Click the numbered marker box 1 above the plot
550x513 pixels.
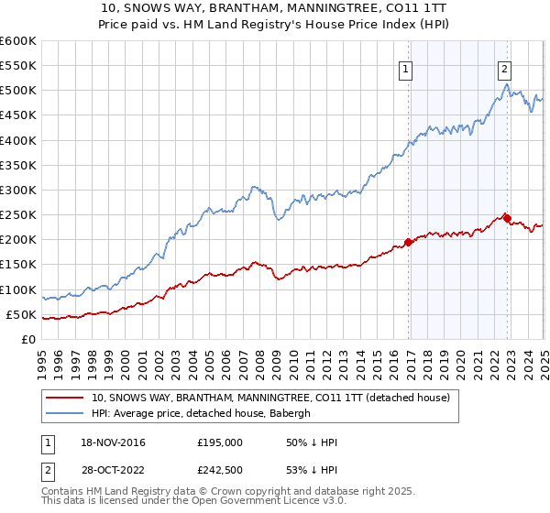(405, 67)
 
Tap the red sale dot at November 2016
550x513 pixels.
(408, 243)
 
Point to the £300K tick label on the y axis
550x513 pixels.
(18, 190)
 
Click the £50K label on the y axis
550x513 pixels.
(22, 315)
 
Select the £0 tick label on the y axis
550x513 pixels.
(29, 340)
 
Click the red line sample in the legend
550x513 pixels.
(64, 398)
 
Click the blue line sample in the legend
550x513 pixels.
(64, 413)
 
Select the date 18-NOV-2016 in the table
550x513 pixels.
(113, 442)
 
